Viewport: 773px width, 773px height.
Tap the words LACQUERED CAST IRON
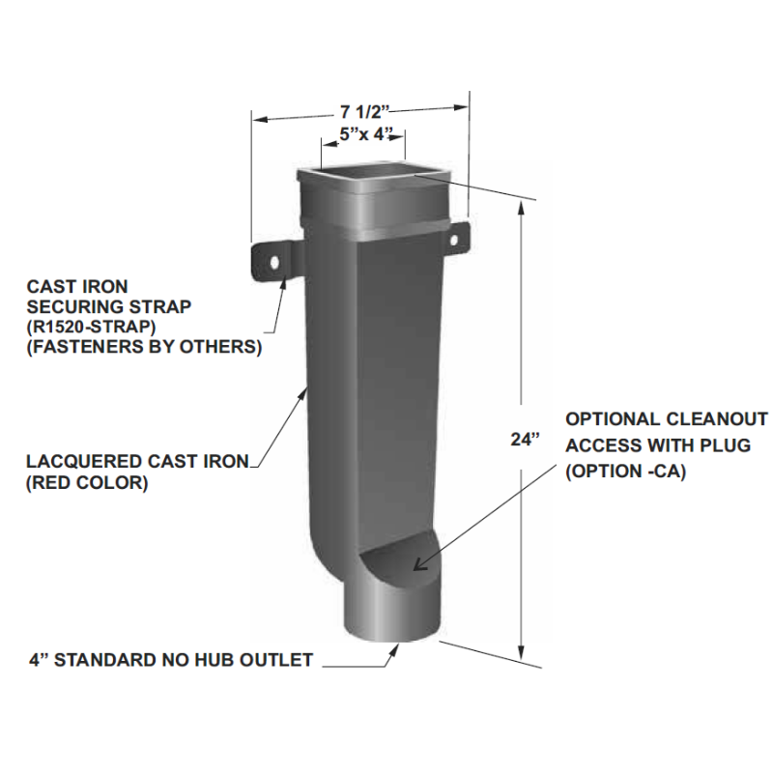[x=139, y=462]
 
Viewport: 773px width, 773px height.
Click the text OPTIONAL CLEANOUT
[x=666, y=420]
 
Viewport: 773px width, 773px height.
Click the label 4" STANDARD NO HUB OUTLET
[x=170, y=662]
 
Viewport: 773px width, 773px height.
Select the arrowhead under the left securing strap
[x=283, y=284]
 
